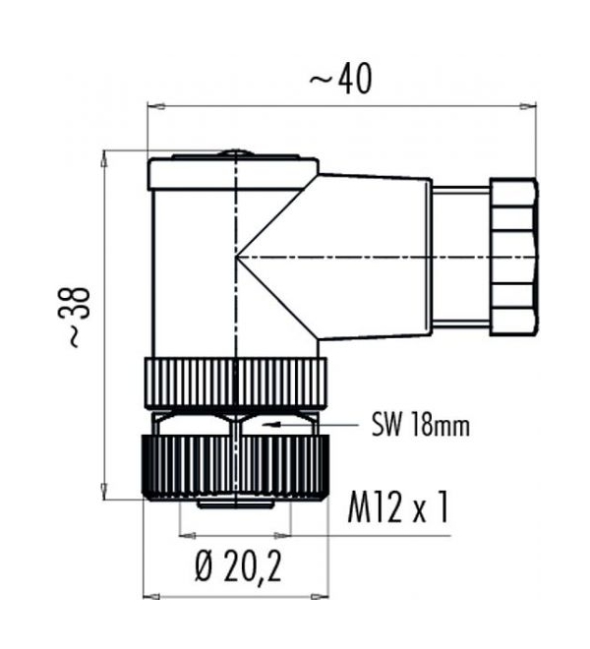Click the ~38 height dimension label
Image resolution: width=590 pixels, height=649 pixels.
[x=75, y=317]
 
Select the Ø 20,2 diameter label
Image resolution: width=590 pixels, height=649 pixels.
[x=239, y=567]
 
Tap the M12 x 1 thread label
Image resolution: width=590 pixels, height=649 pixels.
[x=398, y=507]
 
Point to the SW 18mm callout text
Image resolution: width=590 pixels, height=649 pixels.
[x=421, y=425]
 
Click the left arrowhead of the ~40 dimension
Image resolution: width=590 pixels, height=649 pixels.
[x=156, y=106]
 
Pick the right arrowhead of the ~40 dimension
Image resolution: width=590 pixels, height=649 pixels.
[x=527, y=106]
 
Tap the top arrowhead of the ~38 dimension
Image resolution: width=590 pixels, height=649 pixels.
[x=105, y=159]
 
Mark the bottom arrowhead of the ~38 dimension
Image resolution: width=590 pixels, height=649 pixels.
[x=105, y=492]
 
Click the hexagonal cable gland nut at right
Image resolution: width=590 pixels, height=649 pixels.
[x=514, y=257]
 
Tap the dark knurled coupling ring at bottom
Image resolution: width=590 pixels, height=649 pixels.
[x=235, y=467]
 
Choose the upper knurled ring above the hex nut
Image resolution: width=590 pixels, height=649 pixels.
[x=236, y=383]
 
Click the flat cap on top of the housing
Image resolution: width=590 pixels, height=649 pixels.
[x=234, y=173]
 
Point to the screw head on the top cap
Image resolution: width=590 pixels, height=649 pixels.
[x=235, y=154]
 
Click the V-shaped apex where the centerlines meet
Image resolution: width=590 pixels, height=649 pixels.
[x=236, y=257]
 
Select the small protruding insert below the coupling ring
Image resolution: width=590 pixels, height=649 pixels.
[x=235, y=504]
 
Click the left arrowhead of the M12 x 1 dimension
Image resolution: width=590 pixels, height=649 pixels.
[x=187, y=536]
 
